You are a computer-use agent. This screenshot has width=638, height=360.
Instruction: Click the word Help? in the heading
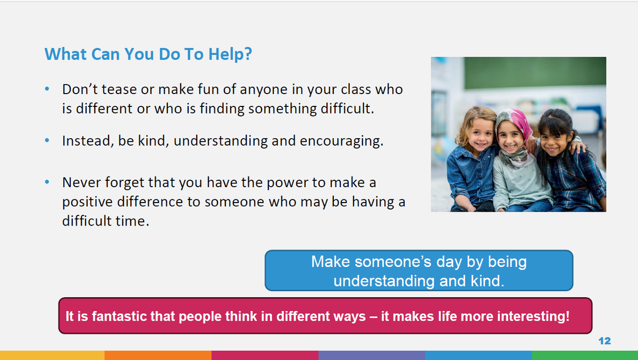230,54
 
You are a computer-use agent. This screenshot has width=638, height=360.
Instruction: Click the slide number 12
605,341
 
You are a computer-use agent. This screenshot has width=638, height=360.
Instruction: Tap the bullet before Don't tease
47,89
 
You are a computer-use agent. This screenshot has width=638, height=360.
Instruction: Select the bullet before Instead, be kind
47,140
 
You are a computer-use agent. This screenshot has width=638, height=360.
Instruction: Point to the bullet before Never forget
47,182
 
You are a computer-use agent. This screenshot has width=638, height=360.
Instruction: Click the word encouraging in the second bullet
341,141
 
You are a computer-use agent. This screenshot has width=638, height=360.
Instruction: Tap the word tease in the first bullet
119,89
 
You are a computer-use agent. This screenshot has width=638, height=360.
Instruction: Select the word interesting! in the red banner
533,316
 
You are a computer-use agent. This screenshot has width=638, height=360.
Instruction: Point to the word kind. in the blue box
488,281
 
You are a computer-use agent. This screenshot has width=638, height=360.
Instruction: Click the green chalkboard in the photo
535,73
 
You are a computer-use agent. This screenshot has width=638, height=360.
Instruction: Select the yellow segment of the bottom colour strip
52,355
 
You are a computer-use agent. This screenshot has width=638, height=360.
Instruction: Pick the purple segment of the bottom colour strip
372,355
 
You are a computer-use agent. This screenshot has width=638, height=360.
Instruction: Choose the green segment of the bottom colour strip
585,355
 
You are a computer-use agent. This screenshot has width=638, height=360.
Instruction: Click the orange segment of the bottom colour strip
158,355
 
